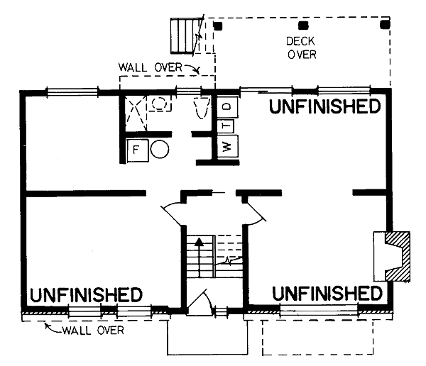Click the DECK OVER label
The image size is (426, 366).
tap(301, 48)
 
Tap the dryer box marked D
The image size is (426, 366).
tap(227, 107)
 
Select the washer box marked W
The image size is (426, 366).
tap(227, 146)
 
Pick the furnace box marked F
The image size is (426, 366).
tap(138, 150)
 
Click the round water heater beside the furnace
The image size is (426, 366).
tap(160, 149)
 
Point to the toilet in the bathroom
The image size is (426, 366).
tap(202, 108)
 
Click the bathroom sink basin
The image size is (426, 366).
tap(159, 104)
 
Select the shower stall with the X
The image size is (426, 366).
tap(136, 113)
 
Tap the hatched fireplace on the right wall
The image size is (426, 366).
tap(397, 256)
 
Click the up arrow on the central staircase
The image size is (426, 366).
tap(200, 257)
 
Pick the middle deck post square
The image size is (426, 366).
tap(303, 26)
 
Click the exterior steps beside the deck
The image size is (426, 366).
tap(183, 35)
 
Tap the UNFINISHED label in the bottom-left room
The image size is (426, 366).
tap(86, 295)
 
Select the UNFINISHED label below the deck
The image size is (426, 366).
tap(324, 106)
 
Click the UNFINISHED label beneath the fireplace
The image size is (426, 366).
tap(327, 293)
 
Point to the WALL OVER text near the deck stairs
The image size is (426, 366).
tap(150, 67)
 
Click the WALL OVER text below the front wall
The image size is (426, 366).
tap(93, 331)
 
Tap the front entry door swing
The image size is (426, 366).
tap(200, 301)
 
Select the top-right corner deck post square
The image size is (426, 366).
tap(385, 24)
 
